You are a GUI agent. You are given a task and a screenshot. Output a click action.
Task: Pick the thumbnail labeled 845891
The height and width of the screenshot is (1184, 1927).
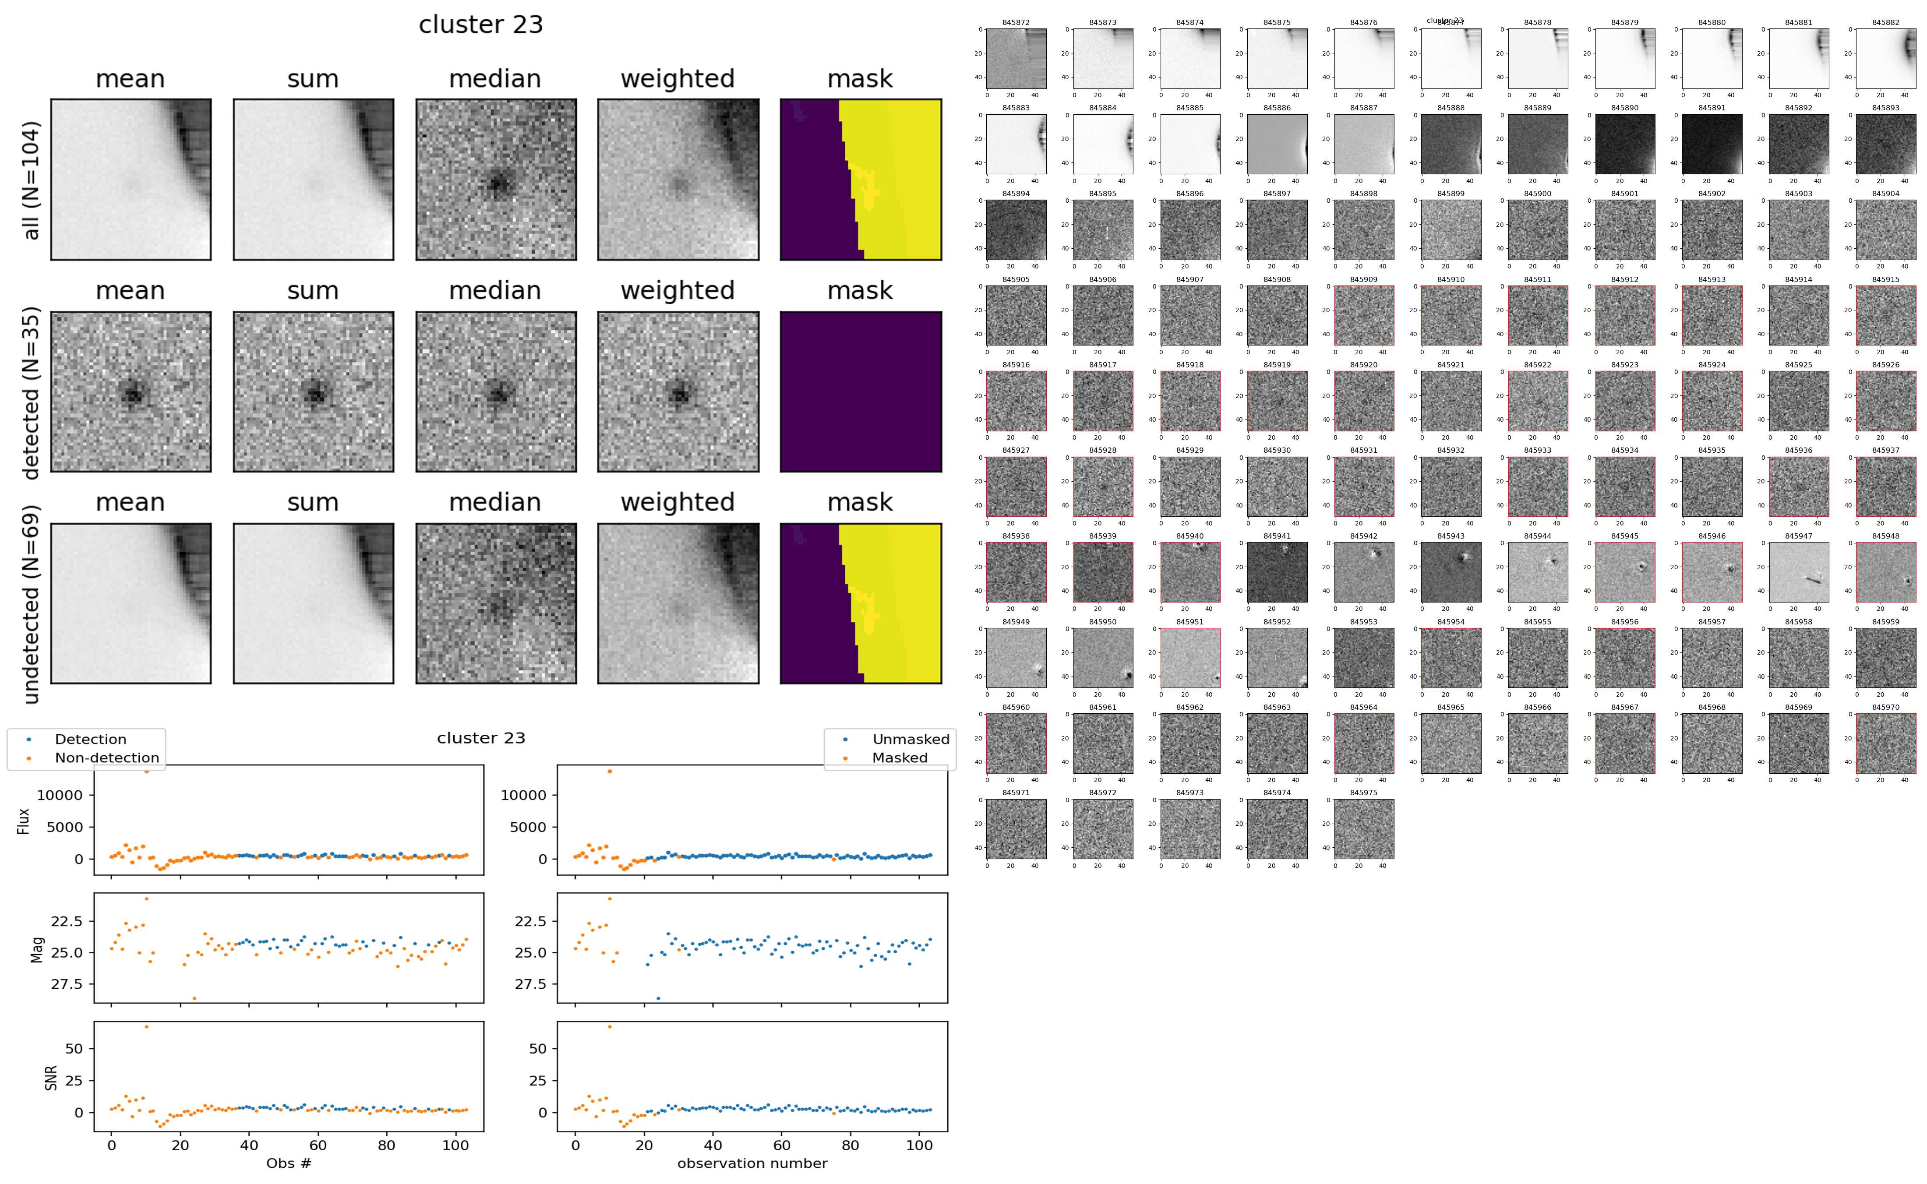click(x=1712, y=144)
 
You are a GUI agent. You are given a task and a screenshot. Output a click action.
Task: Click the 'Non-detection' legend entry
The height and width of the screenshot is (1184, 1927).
click(x=106, y=757)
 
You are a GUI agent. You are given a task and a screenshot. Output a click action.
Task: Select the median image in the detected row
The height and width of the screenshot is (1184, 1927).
click(x=496, y=391)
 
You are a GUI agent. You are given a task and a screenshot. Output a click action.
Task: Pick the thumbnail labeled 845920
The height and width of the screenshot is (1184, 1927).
click(x=1363, y=401)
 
